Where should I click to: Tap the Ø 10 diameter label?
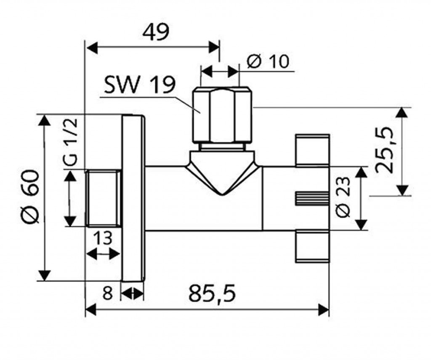[x=268, y=62]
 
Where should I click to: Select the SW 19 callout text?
[x=138, y=86]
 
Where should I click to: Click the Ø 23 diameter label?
[x=343, y=197]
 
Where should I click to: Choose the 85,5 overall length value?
[x=211, y=293]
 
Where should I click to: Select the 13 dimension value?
[x=102, y=238]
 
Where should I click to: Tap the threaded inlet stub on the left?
[x=104, y=197]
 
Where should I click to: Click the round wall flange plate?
[x=133, y=197]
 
